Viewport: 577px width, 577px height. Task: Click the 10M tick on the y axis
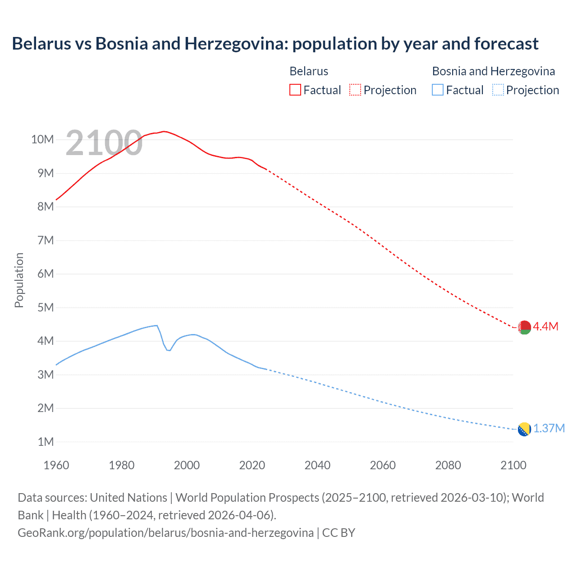click(43, 140)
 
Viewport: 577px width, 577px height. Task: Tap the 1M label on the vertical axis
click(46, 442)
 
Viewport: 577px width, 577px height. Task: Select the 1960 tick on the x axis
click(56, 465)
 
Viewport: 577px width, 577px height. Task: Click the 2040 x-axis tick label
click(317, 465)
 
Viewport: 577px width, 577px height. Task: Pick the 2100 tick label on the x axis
click(513, 465)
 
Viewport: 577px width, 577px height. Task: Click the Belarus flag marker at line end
click(524, 327)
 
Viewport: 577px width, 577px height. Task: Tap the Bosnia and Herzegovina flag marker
click(524, 429)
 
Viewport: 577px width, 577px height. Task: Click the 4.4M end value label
click(546, 327)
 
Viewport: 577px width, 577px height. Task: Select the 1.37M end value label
click(549, 429)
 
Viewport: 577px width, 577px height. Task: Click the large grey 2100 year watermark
click(104, 143)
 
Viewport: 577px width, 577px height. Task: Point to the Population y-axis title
click(19, 280)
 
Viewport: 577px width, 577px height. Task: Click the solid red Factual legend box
click(295, 90)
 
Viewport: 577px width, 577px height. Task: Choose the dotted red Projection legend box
click(355, 90)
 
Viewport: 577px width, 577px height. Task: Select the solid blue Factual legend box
click(438, 90)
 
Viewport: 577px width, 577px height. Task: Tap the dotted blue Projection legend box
click(498, 90)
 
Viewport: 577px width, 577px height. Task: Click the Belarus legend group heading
click(309, 71)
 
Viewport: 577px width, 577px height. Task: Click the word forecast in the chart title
click(506, 44)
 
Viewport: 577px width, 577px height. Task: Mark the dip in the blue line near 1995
click(169, 350)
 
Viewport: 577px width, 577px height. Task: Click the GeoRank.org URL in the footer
click(165, 533)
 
